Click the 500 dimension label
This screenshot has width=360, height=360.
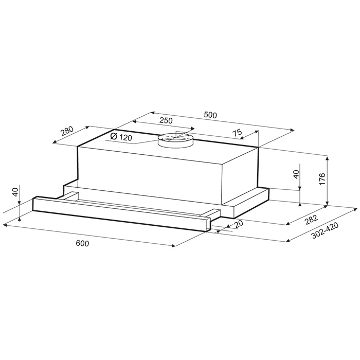pyautogui.click(x=210, y=115)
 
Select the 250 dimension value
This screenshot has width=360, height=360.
pyautogui.click(x=166, y=120)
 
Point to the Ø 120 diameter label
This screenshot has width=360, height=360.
pyautogui.click(x=121, y=137)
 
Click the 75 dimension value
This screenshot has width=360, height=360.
pyautogui.click(x=238, y=133)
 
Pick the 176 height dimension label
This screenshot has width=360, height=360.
pyautogui.click(x=322, y=179)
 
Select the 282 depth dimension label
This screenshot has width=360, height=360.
pyautogui.click(x=311, y=220)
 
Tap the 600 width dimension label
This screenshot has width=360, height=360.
pyautogui.click(x=82, y=243)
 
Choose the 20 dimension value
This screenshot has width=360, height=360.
pyautogui.click(x=239, y=223)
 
